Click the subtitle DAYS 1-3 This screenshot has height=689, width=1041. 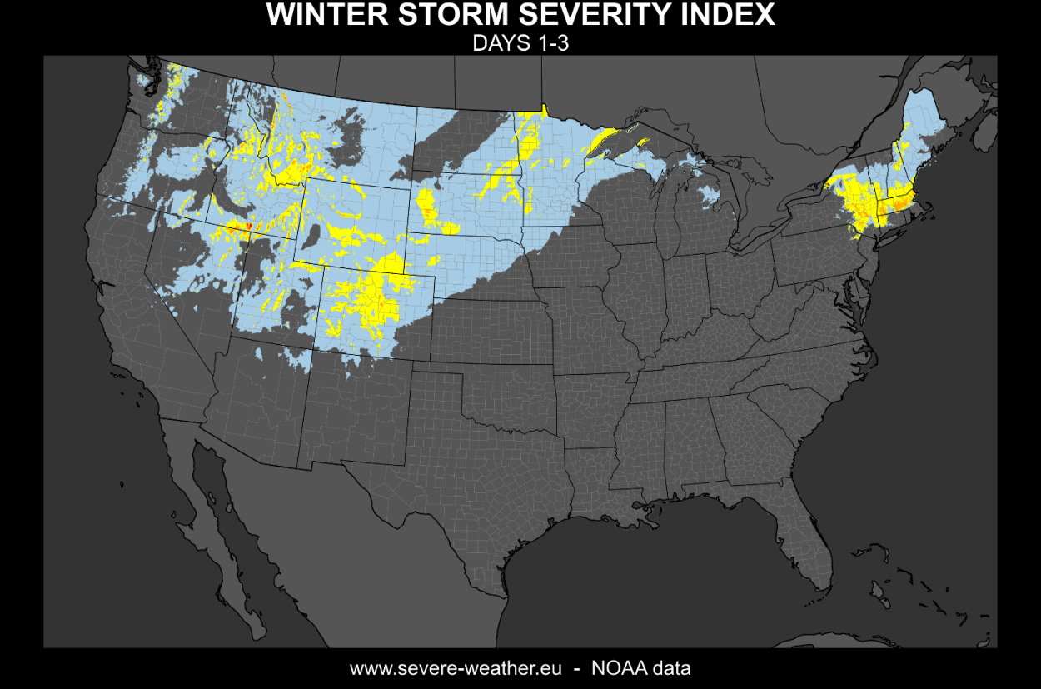coord(520,44)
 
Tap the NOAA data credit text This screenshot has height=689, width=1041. coord(640,668)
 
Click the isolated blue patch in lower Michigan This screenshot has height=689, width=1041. coord(710,196)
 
